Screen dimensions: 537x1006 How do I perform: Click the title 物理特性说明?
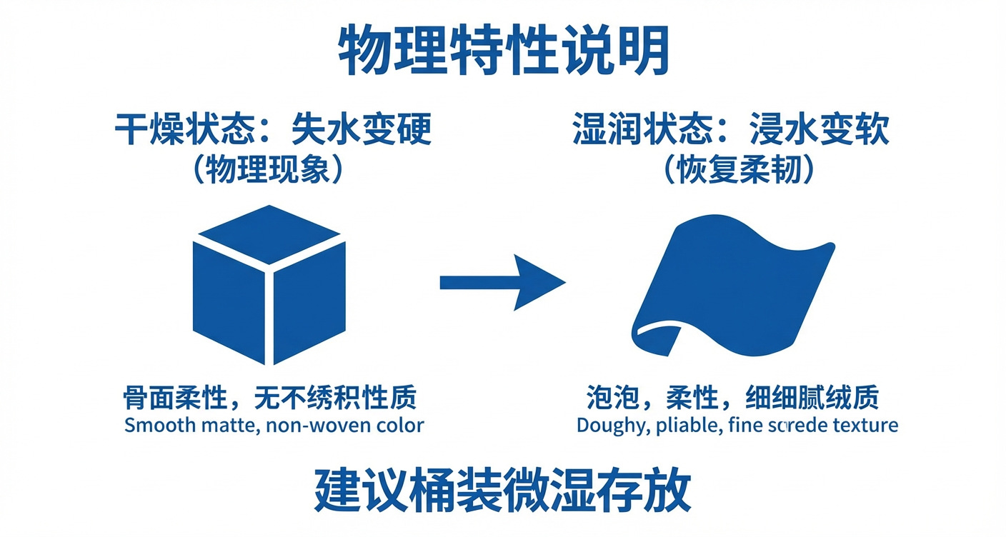(x=503, y=51)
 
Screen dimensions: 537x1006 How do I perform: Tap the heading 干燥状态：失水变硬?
(x=274, y=131)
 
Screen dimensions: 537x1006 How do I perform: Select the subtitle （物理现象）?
(x=274, y=169)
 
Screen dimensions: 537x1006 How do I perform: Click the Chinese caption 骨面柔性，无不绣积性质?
(x=270, y=398)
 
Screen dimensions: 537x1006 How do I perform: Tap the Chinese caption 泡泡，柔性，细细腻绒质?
(x=732, y=398)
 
